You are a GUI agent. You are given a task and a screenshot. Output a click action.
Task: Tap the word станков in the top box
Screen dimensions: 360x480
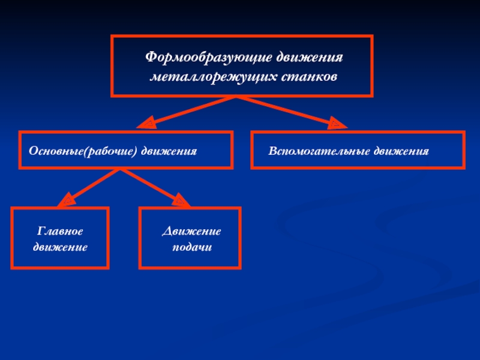307,77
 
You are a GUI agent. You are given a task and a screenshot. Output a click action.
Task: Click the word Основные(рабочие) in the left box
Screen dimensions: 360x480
84,149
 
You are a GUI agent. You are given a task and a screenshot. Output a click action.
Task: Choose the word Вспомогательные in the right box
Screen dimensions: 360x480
319,149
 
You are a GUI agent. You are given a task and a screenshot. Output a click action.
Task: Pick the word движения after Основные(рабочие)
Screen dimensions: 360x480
170,149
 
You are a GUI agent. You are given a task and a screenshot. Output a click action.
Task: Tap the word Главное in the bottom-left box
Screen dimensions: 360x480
60,230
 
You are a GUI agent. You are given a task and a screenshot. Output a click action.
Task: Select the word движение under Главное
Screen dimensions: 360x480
60,246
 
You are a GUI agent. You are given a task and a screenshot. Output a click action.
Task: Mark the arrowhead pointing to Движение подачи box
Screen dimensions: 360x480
179,200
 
